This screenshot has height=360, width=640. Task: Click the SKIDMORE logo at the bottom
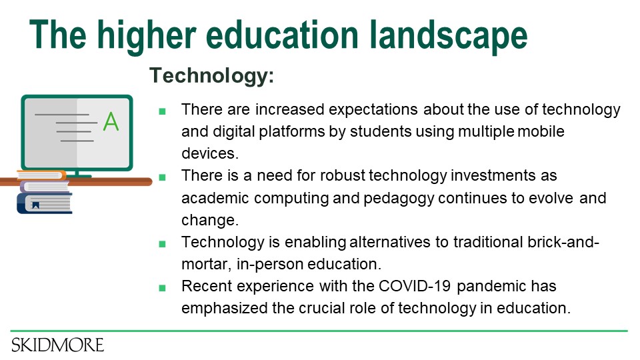pos(57,345)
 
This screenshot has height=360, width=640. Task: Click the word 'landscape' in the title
pos(448,36)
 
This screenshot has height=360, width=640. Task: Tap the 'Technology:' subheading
pos(211,75)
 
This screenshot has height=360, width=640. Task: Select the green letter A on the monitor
pos(111,121)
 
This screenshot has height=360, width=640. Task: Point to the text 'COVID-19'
pos(415,286)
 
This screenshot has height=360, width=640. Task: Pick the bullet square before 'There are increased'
pos(162,111)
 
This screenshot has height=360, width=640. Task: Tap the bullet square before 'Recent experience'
pos(162,288)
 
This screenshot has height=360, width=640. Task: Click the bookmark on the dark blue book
pos(35,205)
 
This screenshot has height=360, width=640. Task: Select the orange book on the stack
pos(41,175)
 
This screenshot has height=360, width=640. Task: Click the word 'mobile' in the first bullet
pos(541,131)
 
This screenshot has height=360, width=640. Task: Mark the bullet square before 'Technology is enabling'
pos(162,244)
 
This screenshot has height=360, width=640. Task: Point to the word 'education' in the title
pos(282,36)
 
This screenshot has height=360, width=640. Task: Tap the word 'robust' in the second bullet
pos(342,175)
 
